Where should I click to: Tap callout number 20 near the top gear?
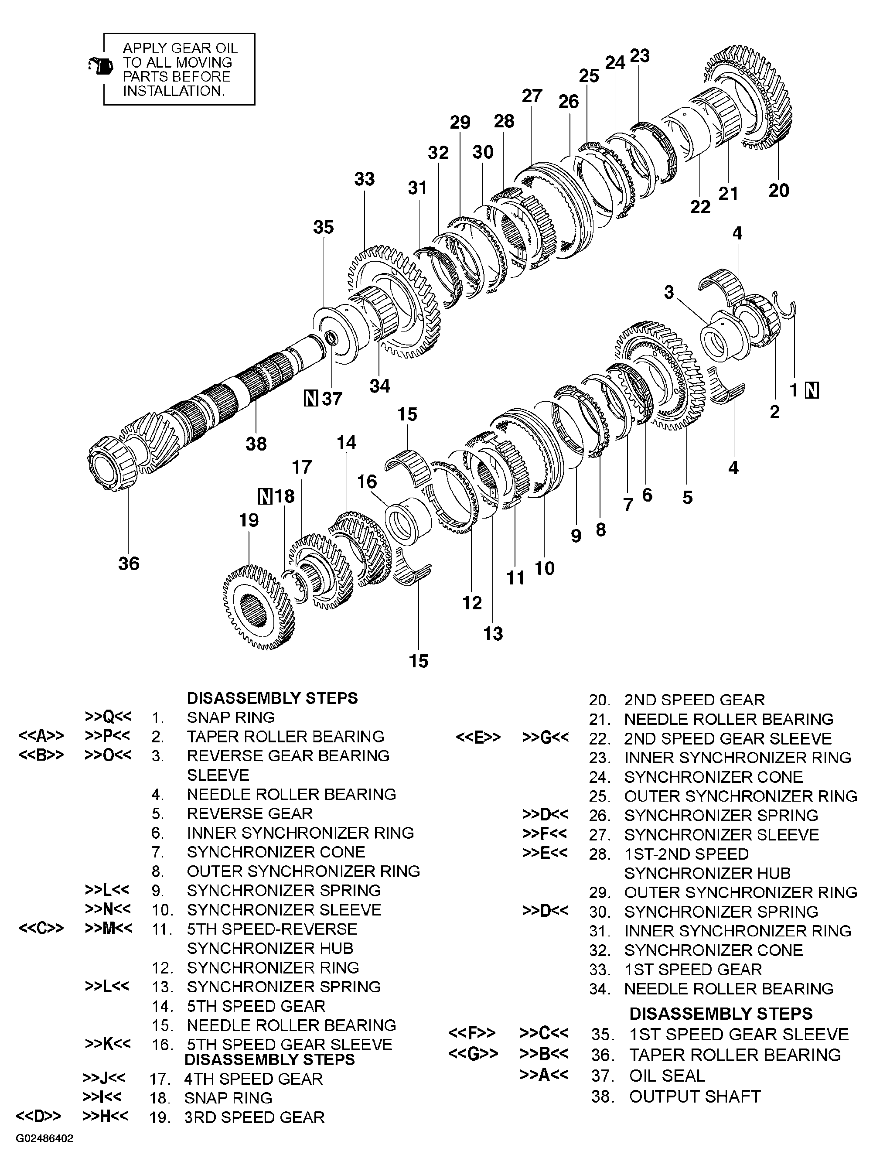(x=778, y=190)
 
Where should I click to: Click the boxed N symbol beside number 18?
(x=265, y=496)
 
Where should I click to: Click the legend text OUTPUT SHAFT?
(x=694, y=1097)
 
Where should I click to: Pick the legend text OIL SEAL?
(x=667, y=1076)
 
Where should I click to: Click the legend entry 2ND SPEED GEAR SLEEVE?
(x=728, y=738)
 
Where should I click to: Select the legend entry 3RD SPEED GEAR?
(x=254, y=1117)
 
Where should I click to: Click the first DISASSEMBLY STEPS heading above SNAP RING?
(x=272, y=698)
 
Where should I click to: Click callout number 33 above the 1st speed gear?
(x=364, y=179)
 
